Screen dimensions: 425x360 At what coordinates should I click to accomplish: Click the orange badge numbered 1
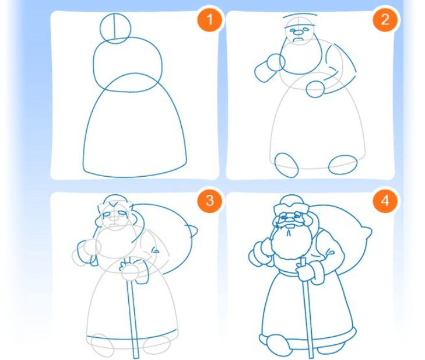point(209,19)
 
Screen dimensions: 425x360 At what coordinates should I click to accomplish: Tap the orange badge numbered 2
point(385,19)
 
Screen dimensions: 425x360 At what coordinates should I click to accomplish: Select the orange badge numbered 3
point(210,201)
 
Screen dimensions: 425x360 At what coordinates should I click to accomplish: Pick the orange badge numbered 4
point(385,201)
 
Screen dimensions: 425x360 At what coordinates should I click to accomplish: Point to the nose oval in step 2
point(298,33)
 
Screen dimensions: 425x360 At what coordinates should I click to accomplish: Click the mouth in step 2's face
point(300,40)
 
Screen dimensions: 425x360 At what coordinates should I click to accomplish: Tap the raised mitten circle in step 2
point(276,62)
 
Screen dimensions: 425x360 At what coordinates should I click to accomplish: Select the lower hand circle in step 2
point(315,89)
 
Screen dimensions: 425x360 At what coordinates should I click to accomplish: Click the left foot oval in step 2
point(286,165)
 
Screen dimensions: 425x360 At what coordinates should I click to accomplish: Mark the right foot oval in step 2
point(343,165)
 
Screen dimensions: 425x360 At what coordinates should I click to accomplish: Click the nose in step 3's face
point(114,218)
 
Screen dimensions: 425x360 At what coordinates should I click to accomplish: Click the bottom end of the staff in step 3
point(136,358)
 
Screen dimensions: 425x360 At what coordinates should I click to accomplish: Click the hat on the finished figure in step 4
point(290,204)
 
